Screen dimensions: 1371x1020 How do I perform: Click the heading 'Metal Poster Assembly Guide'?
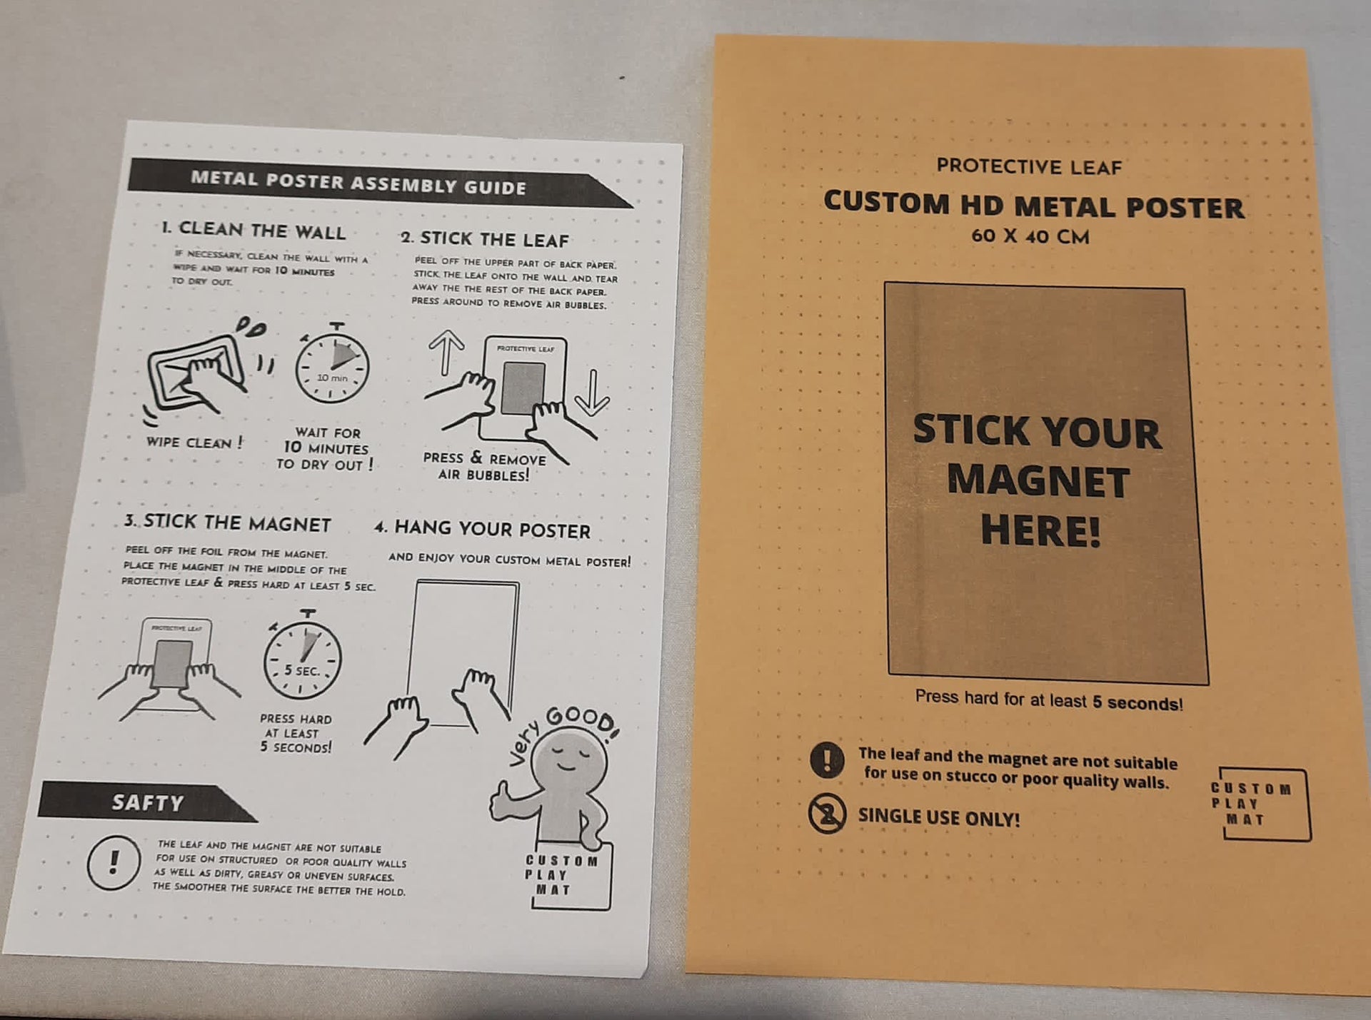(x=358, y=183)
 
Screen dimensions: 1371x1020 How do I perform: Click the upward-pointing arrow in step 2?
(x=446, y=353)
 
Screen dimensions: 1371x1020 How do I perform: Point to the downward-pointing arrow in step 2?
(x=592, y=393)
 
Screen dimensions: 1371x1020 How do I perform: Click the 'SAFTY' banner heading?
(x=148, y=802)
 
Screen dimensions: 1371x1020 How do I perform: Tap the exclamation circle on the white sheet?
(x=113, y=862)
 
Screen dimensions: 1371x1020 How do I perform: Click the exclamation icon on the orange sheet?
(x=828, y=759)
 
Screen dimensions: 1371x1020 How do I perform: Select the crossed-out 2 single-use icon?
(x=827, y=814)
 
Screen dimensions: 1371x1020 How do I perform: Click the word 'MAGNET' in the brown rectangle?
(x=1038, y=481)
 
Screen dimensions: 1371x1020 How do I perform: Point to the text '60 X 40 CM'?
(x=1030, y=236)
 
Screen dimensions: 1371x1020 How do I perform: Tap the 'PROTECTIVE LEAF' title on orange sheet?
(x=1029, y=166)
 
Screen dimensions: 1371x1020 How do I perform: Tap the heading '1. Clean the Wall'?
(x=253, y=230)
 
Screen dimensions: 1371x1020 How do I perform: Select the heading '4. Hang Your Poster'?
(x=483, y=529)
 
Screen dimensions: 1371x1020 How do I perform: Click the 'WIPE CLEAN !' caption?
(x=194, y=443)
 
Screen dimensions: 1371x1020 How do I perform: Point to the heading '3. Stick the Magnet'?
(x=227, y=522)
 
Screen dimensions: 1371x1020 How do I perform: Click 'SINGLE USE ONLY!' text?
(x=939, y=817)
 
